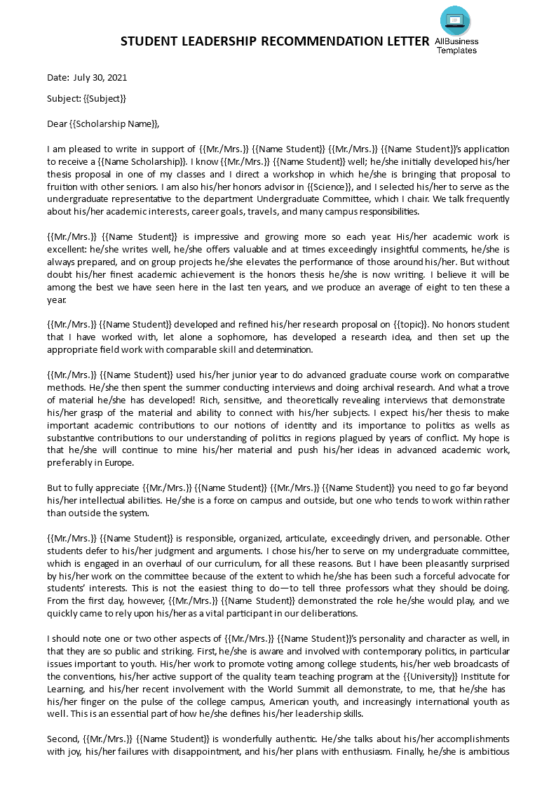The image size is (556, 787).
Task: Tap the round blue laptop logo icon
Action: pos(456,20)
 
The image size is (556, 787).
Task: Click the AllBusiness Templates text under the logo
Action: pos(456,46)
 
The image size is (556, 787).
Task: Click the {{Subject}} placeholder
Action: pos(104,98)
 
